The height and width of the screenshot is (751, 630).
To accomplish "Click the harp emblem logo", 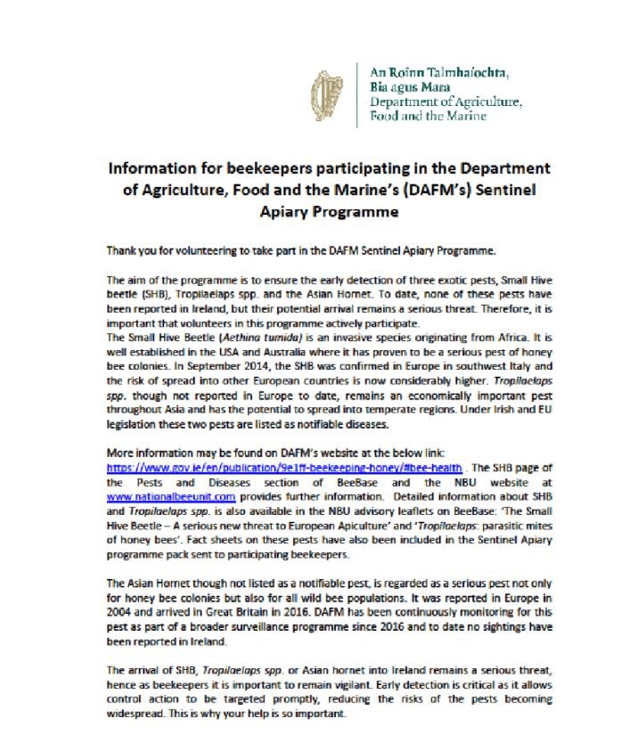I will (330, 97).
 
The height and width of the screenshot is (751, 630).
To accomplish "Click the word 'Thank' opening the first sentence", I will (120, 253).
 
